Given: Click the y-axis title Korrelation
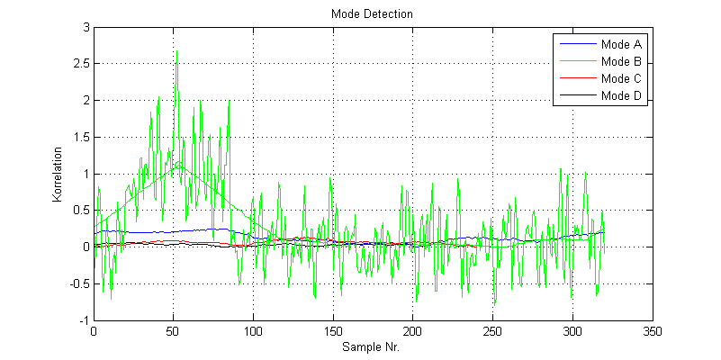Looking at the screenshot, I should click(x=57, y=175).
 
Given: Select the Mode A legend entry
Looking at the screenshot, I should click(x=622, y=43).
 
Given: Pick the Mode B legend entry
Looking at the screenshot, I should click(x=622, y=61).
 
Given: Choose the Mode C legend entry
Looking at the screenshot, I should click(x=622, y=78).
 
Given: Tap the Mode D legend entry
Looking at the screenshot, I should click(x=622, y=96).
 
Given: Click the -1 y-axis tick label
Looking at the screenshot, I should click(x=83, y=320).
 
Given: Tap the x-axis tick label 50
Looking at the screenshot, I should click(x=173, y=331).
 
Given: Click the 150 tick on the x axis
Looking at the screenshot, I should click(x=333, y=331).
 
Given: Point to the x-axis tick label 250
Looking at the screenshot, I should click(x=493, y=331).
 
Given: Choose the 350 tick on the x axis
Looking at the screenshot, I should click(x=653, y=331).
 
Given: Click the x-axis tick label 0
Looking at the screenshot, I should click(x=94, y=331).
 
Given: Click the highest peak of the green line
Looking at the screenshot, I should click(x=176, y=50).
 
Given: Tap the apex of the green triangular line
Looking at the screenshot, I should click(x=180, y=164).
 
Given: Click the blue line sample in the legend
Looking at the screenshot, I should click(x=577, y=43).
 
